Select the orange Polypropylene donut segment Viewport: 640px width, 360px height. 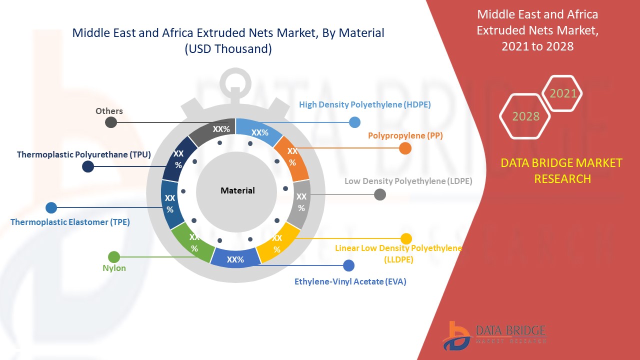292,157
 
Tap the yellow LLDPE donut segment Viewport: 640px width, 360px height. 277,243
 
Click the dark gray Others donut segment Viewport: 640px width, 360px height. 215,131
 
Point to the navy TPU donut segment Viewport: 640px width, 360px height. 178,158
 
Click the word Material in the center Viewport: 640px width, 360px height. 237,190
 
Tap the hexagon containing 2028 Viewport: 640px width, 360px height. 525,116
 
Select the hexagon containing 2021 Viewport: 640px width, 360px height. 563,93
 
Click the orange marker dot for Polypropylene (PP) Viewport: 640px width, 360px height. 405,148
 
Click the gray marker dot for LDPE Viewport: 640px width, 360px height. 380,194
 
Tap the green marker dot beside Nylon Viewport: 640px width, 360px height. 114,257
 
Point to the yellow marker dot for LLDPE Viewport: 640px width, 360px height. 406,239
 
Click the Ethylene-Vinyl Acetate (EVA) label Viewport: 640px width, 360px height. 350,281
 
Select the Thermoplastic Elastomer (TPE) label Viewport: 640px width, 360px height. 70,222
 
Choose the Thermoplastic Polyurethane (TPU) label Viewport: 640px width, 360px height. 84,154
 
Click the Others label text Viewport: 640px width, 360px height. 109,111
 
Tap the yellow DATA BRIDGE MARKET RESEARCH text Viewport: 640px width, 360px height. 562,170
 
